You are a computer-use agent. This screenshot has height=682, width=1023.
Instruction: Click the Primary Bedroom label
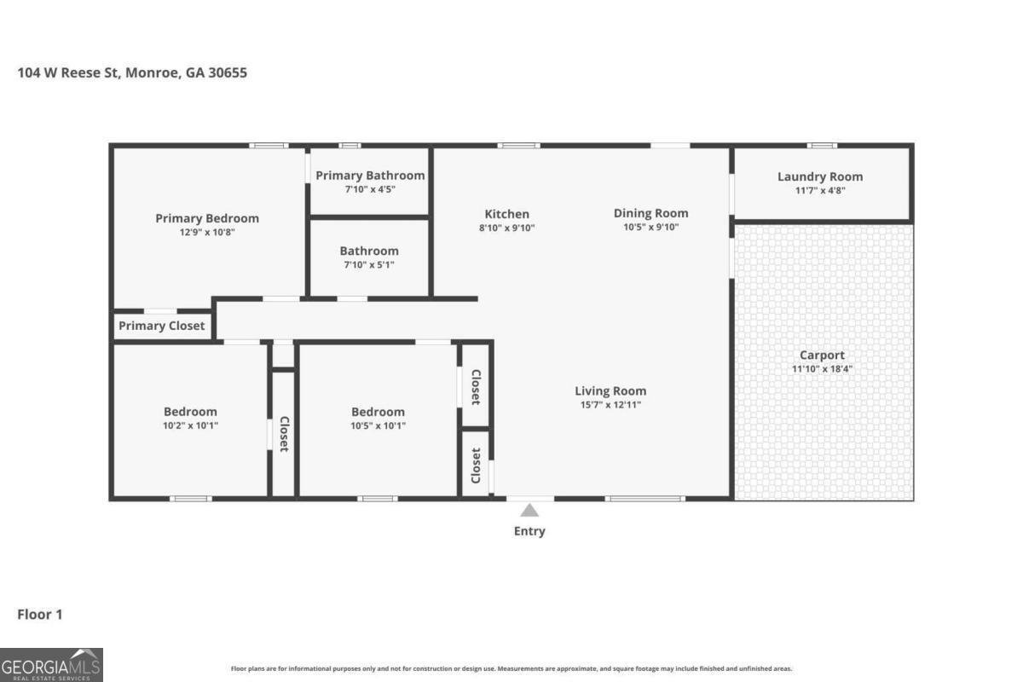pos(206,218)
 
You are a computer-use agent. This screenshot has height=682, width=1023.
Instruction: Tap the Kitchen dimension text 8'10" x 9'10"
pos(506,228)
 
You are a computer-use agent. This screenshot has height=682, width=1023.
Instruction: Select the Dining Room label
pos(650,213)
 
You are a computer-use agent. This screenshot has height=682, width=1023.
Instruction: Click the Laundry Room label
pos(819,176)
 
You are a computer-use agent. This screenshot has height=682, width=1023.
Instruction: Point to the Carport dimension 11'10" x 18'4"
pos(822,369)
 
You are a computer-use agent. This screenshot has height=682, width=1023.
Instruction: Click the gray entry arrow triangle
pos(529,511)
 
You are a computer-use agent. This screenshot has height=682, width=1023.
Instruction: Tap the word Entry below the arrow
pos(529,531)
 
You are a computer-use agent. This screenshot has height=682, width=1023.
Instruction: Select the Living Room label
pos(610,391)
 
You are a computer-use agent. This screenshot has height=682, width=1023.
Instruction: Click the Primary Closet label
pos(161,326)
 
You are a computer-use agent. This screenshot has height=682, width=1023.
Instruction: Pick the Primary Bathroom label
pos(370,176)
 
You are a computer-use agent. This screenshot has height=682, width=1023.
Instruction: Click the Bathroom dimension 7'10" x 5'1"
pos(368,265)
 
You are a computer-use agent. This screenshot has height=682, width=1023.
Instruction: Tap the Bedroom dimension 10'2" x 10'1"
pos(190,425)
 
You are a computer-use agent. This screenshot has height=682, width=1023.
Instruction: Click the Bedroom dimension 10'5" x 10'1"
pos(378,425)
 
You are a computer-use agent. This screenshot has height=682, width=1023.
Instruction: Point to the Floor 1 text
pos(40,614)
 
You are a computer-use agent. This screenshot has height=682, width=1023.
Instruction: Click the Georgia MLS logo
pos(51,664)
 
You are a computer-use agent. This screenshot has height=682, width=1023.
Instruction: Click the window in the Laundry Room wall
pos(822,146)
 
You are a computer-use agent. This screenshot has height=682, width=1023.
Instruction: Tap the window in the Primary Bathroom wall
pos(350,146)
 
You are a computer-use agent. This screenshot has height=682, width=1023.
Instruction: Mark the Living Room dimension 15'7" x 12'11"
pos(610,405)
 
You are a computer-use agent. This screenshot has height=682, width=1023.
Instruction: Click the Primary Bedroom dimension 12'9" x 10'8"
pos(206,232)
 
